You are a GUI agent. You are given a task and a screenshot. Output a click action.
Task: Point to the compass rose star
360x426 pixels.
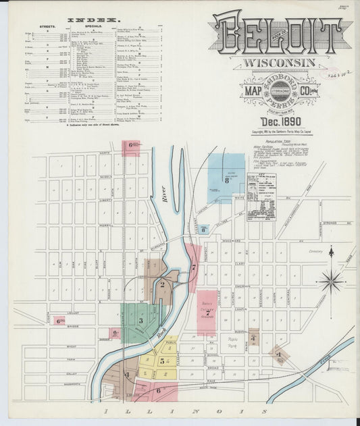(331, 278)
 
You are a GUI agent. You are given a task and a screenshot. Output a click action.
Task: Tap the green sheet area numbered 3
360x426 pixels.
(140, 321)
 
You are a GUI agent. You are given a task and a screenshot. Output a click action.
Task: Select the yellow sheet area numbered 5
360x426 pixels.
(161, 361)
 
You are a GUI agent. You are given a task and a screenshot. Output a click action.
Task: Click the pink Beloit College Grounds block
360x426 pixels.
(207, 312)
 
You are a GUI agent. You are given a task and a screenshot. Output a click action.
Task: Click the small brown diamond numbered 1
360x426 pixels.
(278, 354)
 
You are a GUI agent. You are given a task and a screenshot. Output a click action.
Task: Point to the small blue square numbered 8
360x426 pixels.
(203, 230)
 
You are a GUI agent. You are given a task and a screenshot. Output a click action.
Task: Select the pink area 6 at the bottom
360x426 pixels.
(159, 390)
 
